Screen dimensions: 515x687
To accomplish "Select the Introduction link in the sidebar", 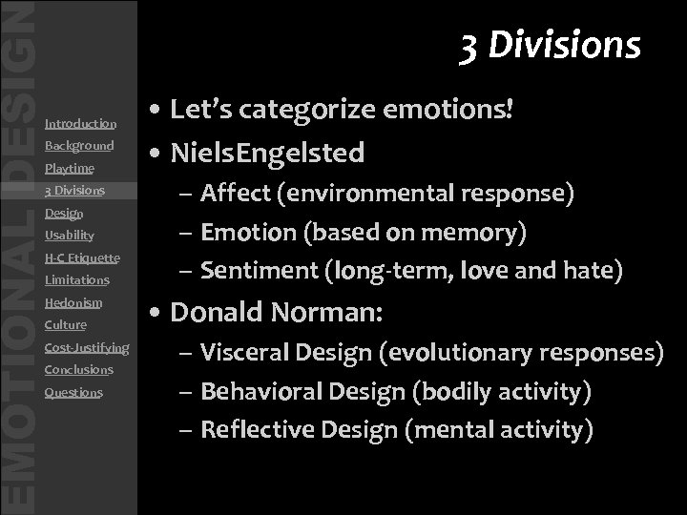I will (80, 123).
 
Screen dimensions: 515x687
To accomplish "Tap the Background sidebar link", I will (79, 146).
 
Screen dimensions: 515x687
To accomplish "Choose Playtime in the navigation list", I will (69, 169).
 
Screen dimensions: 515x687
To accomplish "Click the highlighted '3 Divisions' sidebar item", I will (74, 191).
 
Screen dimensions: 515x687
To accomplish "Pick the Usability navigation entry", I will (69, 235).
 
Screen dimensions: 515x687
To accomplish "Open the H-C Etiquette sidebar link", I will (82, 257).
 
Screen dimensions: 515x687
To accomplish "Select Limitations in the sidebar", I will (76, 280).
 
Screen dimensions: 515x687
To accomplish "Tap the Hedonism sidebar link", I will (73, 302).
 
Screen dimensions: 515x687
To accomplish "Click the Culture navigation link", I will (65, 325).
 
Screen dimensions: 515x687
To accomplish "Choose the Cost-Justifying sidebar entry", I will (87, 347).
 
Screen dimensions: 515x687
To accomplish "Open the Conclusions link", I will (78, 369).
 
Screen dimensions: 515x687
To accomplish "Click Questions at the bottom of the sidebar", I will (73, 392).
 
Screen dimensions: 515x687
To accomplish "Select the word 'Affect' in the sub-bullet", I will (235, 194).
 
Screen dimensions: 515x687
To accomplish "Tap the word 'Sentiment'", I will (259, 272).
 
